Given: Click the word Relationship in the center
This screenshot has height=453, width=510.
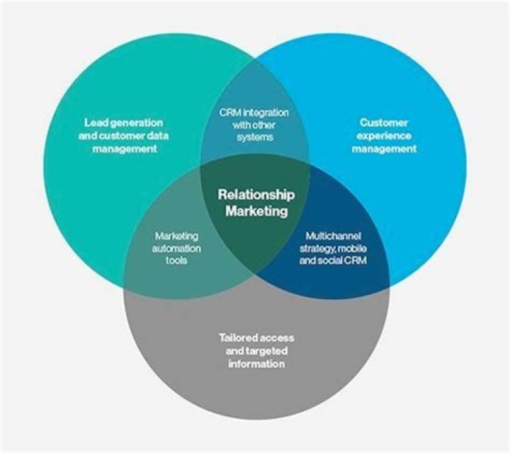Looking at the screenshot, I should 256,195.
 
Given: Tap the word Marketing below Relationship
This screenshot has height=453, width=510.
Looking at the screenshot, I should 256,211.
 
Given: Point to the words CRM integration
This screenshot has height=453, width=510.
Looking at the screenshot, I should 256,113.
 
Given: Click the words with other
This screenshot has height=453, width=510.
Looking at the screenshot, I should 256,125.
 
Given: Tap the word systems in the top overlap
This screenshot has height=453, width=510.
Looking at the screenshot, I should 256,138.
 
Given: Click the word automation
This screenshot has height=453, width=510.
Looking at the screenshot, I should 177,248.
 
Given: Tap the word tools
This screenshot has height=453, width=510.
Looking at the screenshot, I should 177,261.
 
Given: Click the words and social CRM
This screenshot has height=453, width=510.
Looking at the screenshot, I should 336,261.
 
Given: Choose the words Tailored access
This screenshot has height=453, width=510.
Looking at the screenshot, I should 256,337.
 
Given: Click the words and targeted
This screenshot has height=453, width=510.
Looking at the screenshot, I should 256,350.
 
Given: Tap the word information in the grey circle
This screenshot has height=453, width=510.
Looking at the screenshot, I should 256,364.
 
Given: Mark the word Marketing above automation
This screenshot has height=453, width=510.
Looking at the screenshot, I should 177,235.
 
